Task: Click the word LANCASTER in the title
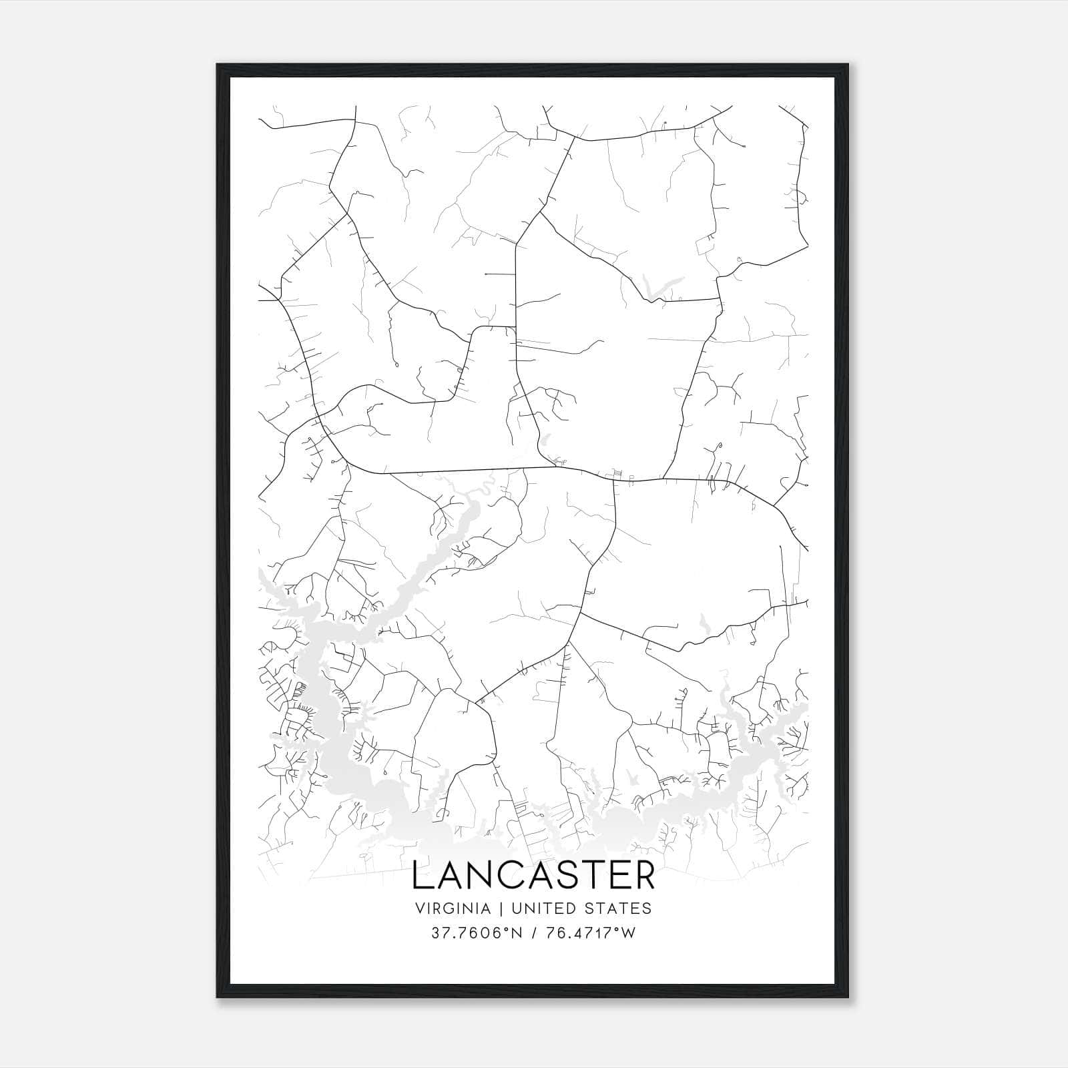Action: (533, 876)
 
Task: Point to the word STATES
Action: (618, 908)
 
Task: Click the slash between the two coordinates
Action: (533, 933)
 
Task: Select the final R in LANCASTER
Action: (643, 876)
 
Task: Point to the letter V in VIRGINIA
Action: (420, 908)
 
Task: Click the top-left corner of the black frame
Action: (218, 65)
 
